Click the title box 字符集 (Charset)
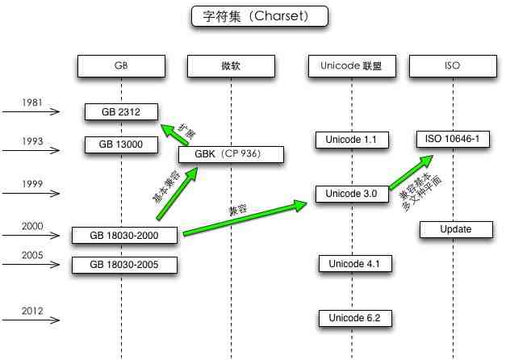260,16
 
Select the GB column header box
121,66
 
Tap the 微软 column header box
231,66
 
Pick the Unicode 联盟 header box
352,66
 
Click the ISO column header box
453,66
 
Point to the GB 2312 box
121,112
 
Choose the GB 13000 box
121,144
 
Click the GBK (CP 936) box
231,154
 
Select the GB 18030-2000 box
124,235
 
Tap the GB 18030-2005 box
124,265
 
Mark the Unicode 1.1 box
352,140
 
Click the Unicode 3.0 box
352,194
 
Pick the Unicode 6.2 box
355,318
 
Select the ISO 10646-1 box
453,139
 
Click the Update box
456,229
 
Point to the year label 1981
32,103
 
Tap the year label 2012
32,311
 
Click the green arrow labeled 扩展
174,134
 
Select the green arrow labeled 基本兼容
178,193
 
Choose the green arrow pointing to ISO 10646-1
411,172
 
